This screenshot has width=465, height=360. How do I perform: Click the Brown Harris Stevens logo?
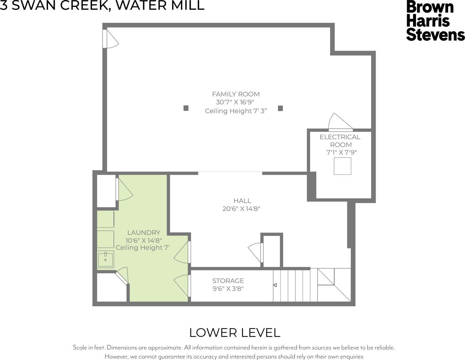pos(435,21)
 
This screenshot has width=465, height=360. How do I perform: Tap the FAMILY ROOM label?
pos(236,94)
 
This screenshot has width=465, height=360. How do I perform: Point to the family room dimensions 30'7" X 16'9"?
pos(235,102)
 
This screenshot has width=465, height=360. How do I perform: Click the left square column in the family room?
pos(186,108)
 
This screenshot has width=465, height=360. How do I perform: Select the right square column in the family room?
pos(280,108)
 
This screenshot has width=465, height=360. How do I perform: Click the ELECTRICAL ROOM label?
pos(340,141)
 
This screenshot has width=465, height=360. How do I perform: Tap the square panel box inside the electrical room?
pos(342,166)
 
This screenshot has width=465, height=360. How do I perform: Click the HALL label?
pos(242,201)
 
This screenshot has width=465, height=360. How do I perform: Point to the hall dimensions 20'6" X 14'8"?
pos(241,209)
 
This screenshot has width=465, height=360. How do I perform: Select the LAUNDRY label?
pos(144,232)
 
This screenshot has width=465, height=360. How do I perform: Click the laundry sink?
pos(106,259)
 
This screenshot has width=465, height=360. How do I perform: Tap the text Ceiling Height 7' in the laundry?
pos(143,247)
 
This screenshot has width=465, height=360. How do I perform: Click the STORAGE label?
pos(228,281)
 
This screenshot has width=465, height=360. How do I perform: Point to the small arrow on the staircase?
pos(275,285)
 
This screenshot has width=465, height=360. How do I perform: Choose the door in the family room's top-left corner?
pos(110,39)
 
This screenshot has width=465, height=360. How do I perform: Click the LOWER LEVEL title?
pos(235,333)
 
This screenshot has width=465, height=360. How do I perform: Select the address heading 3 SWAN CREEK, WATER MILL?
pos(102,5)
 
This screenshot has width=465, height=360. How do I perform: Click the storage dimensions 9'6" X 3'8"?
pos(228,289)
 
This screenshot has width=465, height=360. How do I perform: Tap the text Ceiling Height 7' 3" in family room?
pos(236,111)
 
